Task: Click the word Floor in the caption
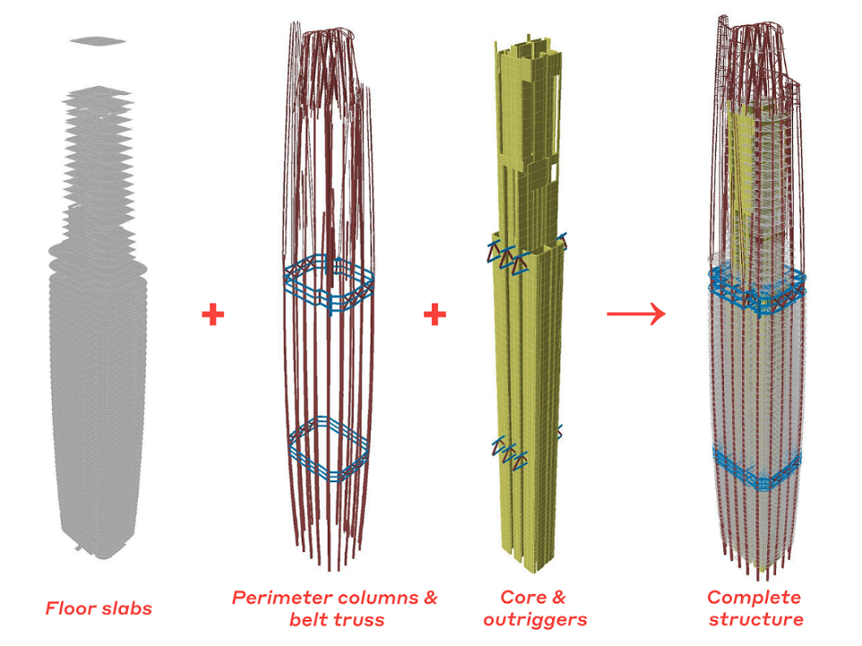coord(66,608)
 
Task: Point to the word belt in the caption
coord(308,619)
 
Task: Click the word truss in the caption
coord(358,620)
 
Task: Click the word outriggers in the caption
coord(535,620)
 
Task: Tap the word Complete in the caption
coord(754,598)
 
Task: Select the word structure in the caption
coord(755,620)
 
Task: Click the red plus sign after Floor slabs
coord(213,314)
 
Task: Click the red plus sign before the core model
coord(435,314)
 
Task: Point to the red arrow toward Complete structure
coord(636,314)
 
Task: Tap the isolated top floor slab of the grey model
coord(98,40)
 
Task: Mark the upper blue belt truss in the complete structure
coord(757,290)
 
